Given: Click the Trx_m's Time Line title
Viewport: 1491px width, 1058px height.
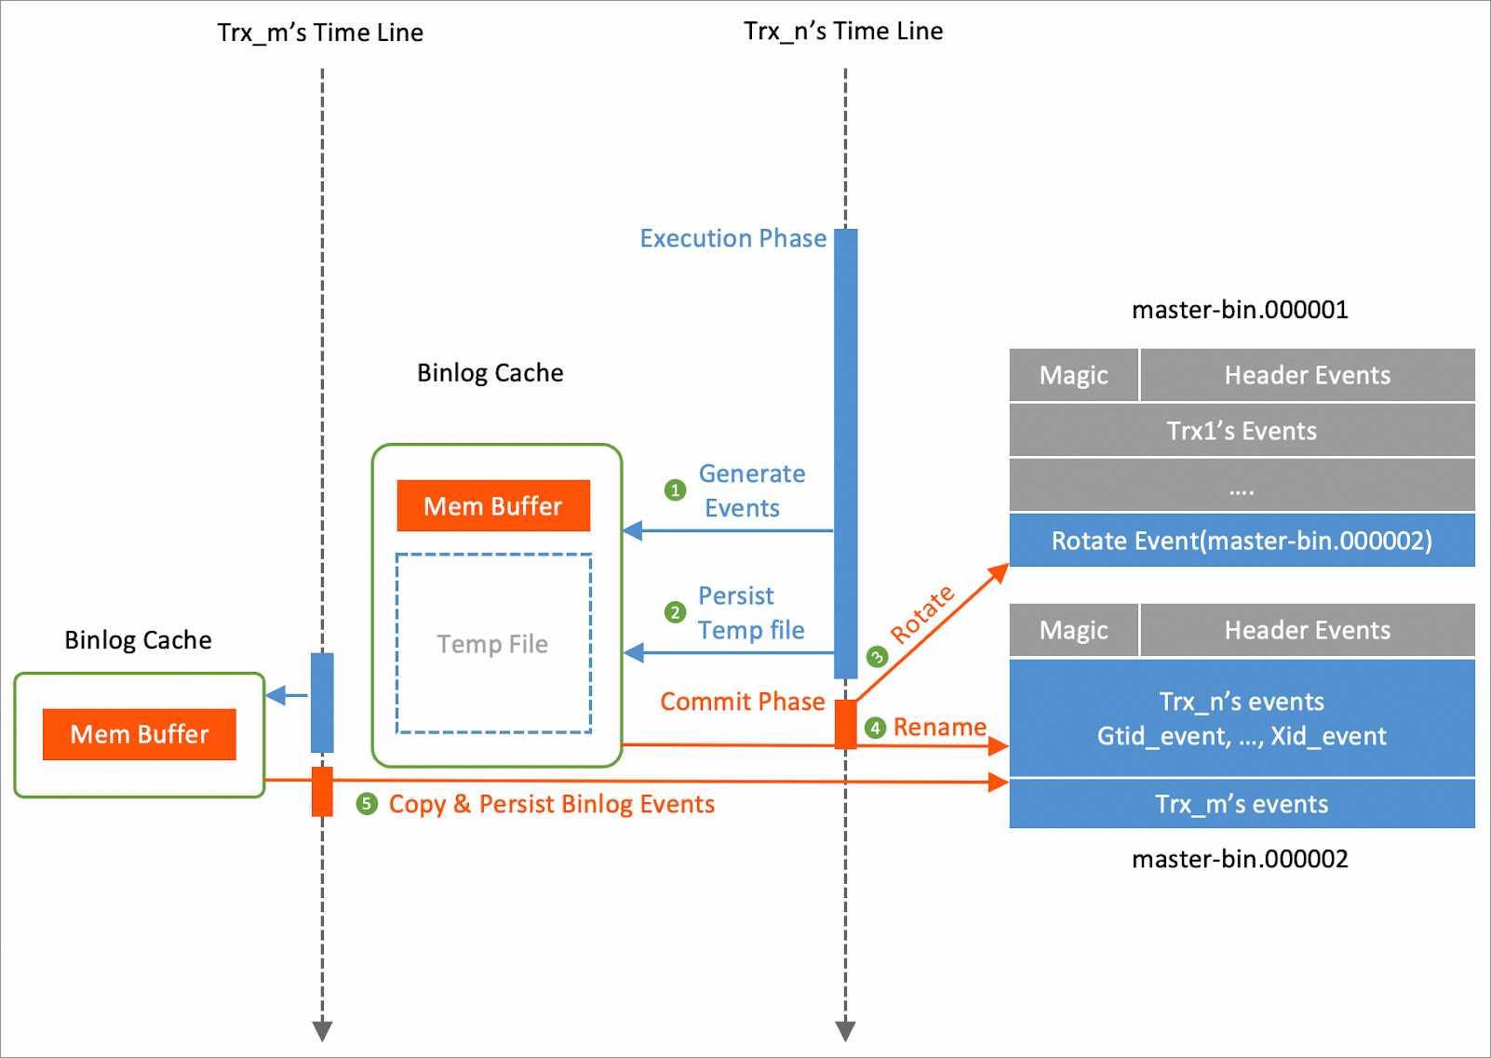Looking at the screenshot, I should click(x=320, y=33).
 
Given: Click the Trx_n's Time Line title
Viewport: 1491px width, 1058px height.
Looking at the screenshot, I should click(x=843, y=31).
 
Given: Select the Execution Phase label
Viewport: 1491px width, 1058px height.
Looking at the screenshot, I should click(x=732, y=238).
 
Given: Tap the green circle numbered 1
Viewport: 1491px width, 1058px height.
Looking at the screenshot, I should click(x=675, y=490).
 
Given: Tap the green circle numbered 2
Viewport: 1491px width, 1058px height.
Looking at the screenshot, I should click(x=675, y=612).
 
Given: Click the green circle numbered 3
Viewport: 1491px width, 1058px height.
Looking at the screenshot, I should click(x=877, y=657).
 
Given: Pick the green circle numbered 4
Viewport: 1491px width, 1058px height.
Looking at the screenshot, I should click(x=875, y=728).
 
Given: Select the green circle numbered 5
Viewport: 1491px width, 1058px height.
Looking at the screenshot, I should click(x=367, y=804).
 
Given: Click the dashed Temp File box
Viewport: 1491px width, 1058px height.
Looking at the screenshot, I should click(x=493, y=644).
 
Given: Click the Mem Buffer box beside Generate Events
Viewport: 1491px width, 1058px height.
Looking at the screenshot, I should click(x=493, y=506).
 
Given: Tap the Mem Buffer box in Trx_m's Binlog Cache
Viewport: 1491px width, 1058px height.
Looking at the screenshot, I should click(x=140, y=734).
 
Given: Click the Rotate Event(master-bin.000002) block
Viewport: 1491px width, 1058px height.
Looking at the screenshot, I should click(x=1242, y=541).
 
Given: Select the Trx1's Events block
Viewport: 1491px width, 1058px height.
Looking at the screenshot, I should click(x=1242, y=431).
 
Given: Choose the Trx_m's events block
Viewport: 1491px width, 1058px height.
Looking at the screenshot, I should click(x=1242, y=804).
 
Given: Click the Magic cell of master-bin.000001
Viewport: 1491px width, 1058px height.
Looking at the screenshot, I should click(x=1073, y=375).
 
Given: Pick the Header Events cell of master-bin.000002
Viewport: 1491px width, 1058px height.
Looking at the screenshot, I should click(x=1307, y=630).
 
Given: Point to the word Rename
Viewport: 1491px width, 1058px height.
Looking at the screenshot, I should click(x=940, y=727).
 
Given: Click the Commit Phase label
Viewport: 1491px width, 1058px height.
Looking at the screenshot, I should click(x=742, y=702).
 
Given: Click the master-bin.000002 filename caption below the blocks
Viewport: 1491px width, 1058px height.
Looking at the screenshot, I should click(x=1240, y=859).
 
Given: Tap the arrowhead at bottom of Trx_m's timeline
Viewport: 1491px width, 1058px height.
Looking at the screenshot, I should click(x=322, y=1031).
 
